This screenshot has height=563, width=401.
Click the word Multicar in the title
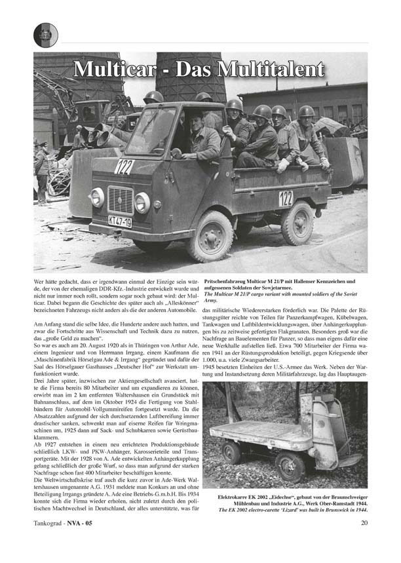[116, 69]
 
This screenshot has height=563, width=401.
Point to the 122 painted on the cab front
[123, 167]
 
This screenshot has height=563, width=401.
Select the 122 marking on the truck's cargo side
[286, 199]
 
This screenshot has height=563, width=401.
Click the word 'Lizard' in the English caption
[291, 511]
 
